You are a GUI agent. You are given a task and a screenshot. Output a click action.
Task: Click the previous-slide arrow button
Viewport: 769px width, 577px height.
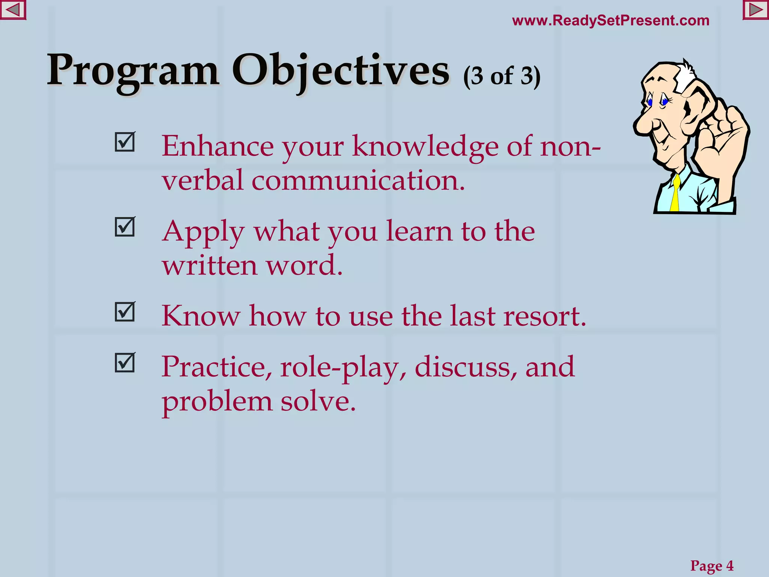[13, 10]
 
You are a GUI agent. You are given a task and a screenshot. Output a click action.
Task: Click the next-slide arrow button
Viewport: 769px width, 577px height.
[755, 10]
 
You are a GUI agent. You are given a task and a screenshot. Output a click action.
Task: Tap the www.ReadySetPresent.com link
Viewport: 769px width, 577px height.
[611, 20]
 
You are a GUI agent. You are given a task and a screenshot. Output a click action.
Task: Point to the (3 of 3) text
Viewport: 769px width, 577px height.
[502, 76]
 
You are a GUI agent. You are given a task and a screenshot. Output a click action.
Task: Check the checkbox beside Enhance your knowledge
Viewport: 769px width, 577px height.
[125, 142]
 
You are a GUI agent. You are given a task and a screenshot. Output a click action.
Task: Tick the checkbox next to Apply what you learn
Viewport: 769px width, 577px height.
[125, 227]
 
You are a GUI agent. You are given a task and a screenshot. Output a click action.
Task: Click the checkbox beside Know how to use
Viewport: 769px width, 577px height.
[125, 312]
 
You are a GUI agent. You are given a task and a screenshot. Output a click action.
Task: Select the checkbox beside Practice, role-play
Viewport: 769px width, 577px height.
[125, 363]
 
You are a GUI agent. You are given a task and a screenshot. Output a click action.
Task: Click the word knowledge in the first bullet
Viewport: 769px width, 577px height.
[425, 147]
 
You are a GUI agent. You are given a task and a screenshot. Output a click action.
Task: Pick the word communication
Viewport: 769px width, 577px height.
[358, 181]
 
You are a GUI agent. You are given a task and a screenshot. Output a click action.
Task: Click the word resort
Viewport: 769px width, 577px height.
[544, 316]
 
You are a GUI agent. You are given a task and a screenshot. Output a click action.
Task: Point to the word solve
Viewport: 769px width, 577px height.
[318, 401]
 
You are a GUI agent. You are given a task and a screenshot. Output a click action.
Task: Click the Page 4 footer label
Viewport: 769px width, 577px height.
[712, 565]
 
